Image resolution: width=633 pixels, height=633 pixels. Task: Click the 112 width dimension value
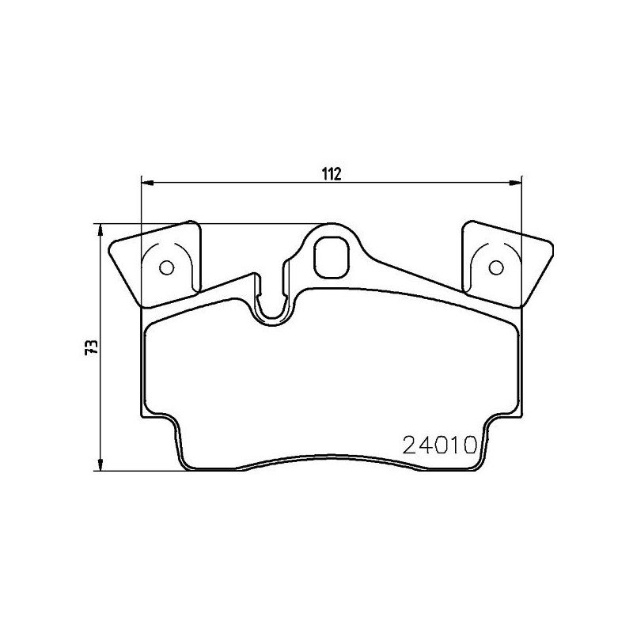[331, 173]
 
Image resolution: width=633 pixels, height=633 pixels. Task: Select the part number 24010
[439, 445]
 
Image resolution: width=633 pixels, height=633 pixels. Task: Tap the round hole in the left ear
[166, 267]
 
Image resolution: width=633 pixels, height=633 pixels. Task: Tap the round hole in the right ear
[496, 267]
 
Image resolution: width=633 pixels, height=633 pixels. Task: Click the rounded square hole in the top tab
[331, 256]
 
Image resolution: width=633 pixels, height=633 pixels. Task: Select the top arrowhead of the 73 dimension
[100, 230]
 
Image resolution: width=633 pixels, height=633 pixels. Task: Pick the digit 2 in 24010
[411, 445]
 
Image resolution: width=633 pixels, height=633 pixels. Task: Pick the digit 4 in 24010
[426, 445]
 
